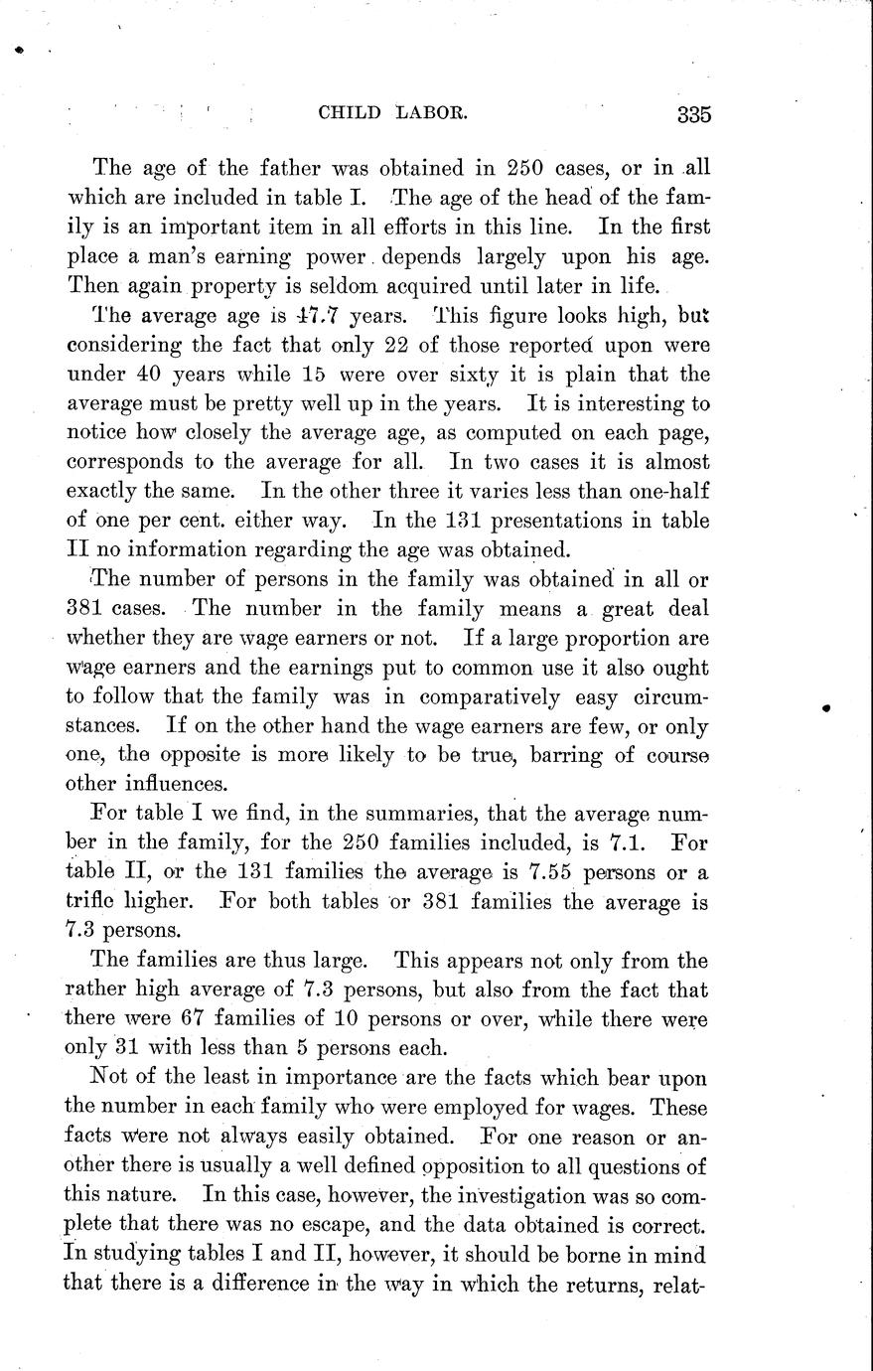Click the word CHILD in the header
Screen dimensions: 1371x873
tap(350, 113)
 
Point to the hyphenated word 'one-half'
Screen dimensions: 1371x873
tap(666, 491)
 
